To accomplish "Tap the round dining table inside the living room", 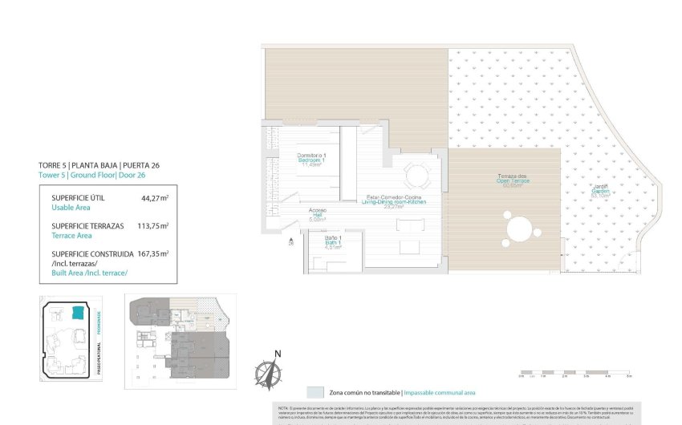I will (x=416, y=175).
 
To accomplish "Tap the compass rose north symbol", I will (x=267, y=374).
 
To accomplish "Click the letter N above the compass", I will (x=278, y=354).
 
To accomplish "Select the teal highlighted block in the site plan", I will (x=78, y=312).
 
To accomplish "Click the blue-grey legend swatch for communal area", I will (x=317, y=393).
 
